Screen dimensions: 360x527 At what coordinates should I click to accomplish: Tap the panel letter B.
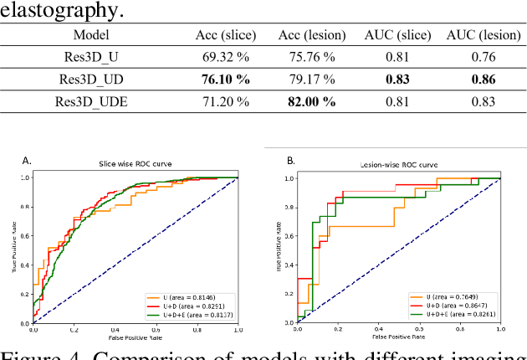pos(290,160)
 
